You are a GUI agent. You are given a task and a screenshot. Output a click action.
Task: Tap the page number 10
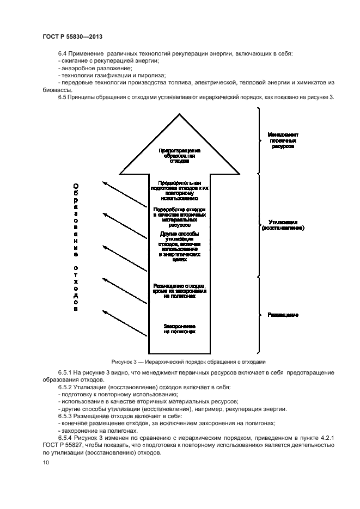pos(46,462)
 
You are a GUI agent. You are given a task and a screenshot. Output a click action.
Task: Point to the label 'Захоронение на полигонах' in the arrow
pos(180,328)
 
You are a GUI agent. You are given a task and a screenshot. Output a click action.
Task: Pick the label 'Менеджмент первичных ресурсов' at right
pos(283,140)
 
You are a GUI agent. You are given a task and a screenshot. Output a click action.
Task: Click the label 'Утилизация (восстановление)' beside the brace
pos(283,225)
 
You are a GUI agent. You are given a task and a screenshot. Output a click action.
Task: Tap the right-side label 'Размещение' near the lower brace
pos(283,315)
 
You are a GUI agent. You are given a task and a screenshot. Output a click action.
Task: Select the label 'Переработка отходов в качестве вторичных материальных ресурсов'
pos(180,217)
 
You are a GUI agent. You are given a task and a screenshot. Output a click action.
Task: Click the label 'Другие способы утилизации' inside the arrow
pos(180,247)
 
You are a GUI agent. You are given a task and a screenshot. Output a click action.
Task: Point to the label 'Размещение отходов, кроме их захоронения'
pos(180,290)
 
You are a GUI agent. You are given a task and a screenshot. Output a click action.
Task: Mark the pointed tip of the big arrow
pos(180,115)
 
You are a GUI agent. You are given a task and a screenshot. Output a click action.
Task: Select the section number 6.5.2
pos(66,387)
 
